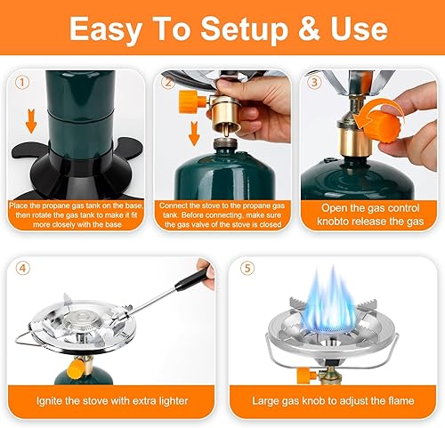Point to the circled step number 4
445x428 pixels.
(x=22, y=267)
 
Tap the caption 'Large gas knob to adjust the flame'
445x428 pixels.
(x=330, y=400)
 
